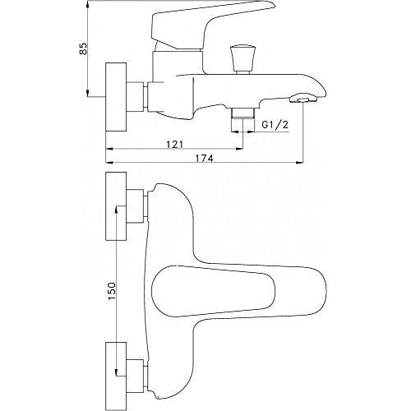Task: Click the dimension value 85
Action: (x=83, y=48)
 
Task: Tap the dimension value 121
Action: (x=175, y=144)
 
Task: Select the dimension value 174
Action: (x=204, y=158)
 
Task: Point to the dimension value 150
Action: (x=112, y=291)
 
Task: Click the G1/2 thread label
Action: (x=275, y=125)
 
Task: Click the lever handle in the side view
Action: (x=208, y=27)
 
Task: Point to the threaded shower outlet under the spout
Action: (x=242, y=113)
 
